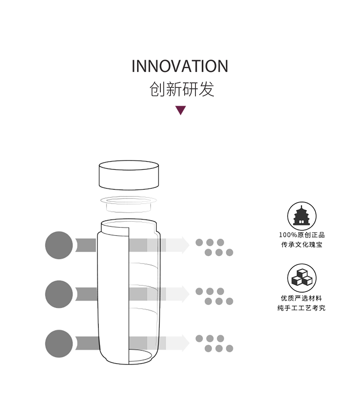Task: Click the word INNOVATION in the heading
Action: (x=180, y=66)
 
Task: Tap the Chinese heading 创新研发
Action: (x=181, y=89)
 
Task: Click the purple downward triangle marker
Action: (x=181, y=110)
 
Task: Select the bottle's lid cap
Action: (x=129, y=175)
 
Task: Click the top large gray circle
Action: (x=59, y=245)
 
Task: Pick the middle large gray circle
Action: (x=59, y=294)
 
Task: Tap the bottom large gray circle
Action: (x=59, y=344)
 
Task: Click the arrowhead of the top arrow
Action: (x=184, y=245)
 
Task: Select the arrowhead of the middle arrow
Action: (x=184, y=294)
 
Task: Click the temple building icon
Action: (x=302, y=216)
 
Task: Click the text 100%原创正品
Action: (x=302, y=235)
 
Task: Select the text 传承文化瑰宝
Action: (x=302, y=245)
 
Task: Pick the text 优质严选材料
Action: (x=302, y=298)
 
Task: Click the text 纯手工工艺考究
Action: (x=302, y=308)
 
